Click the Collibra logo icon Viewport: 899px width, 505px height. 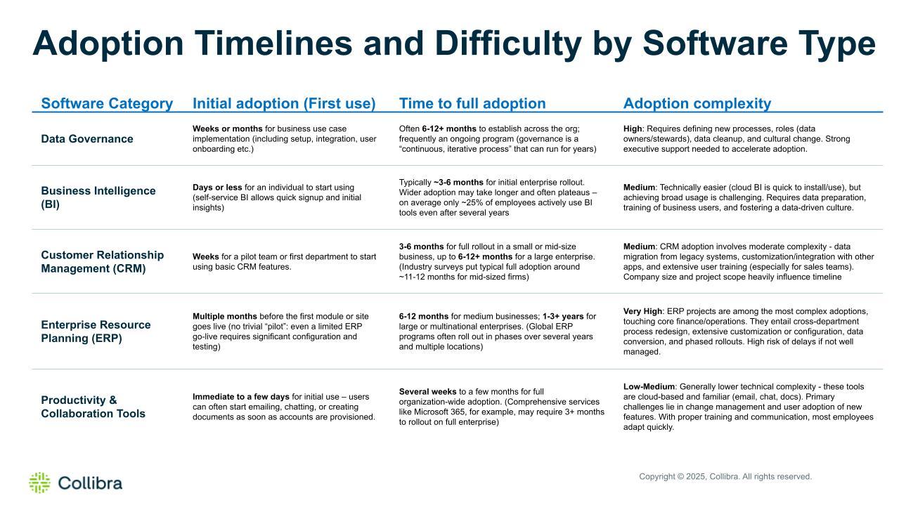pos(40,483)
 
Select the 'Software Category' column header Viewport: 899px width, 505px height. pos(107,103)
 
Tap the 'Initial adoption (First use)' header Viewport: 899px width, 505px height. pos(284,103)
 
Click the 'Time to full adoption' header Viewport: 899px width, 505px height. pos(472,103)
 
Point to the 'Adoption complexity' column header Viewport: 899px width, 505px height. pos(697,103)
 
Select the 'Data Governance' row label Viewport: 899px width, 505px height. pos(87,139)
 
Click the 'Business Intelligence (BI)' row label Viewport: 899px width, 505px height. pos(98,197)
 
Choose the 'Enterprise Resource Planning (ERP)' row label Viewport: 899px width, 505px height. pos(96,332)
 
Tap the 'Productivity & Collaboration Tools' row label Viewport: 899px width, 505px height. pos(93,407)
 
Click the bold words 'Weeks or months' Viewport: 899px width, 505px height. pos(228,129)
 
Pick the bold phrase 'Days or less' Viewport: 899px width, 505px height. pos(217,188)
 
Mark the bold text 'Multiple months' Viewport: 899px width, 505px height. pos(225,316)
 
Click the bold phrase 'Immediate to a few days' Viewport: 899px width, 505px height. pos(241,397)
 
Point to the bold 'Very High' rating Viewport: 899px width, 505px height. pos(642,311)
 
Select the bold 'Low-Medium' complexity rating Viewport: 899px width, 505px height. pos(649,387)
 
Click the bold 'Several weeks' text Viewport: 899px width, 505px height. pos(427,391)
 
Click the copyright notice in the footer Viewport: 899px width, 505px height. pos(725,476)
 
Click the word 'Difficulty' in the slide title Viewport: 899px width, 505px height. pos(508,44)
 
